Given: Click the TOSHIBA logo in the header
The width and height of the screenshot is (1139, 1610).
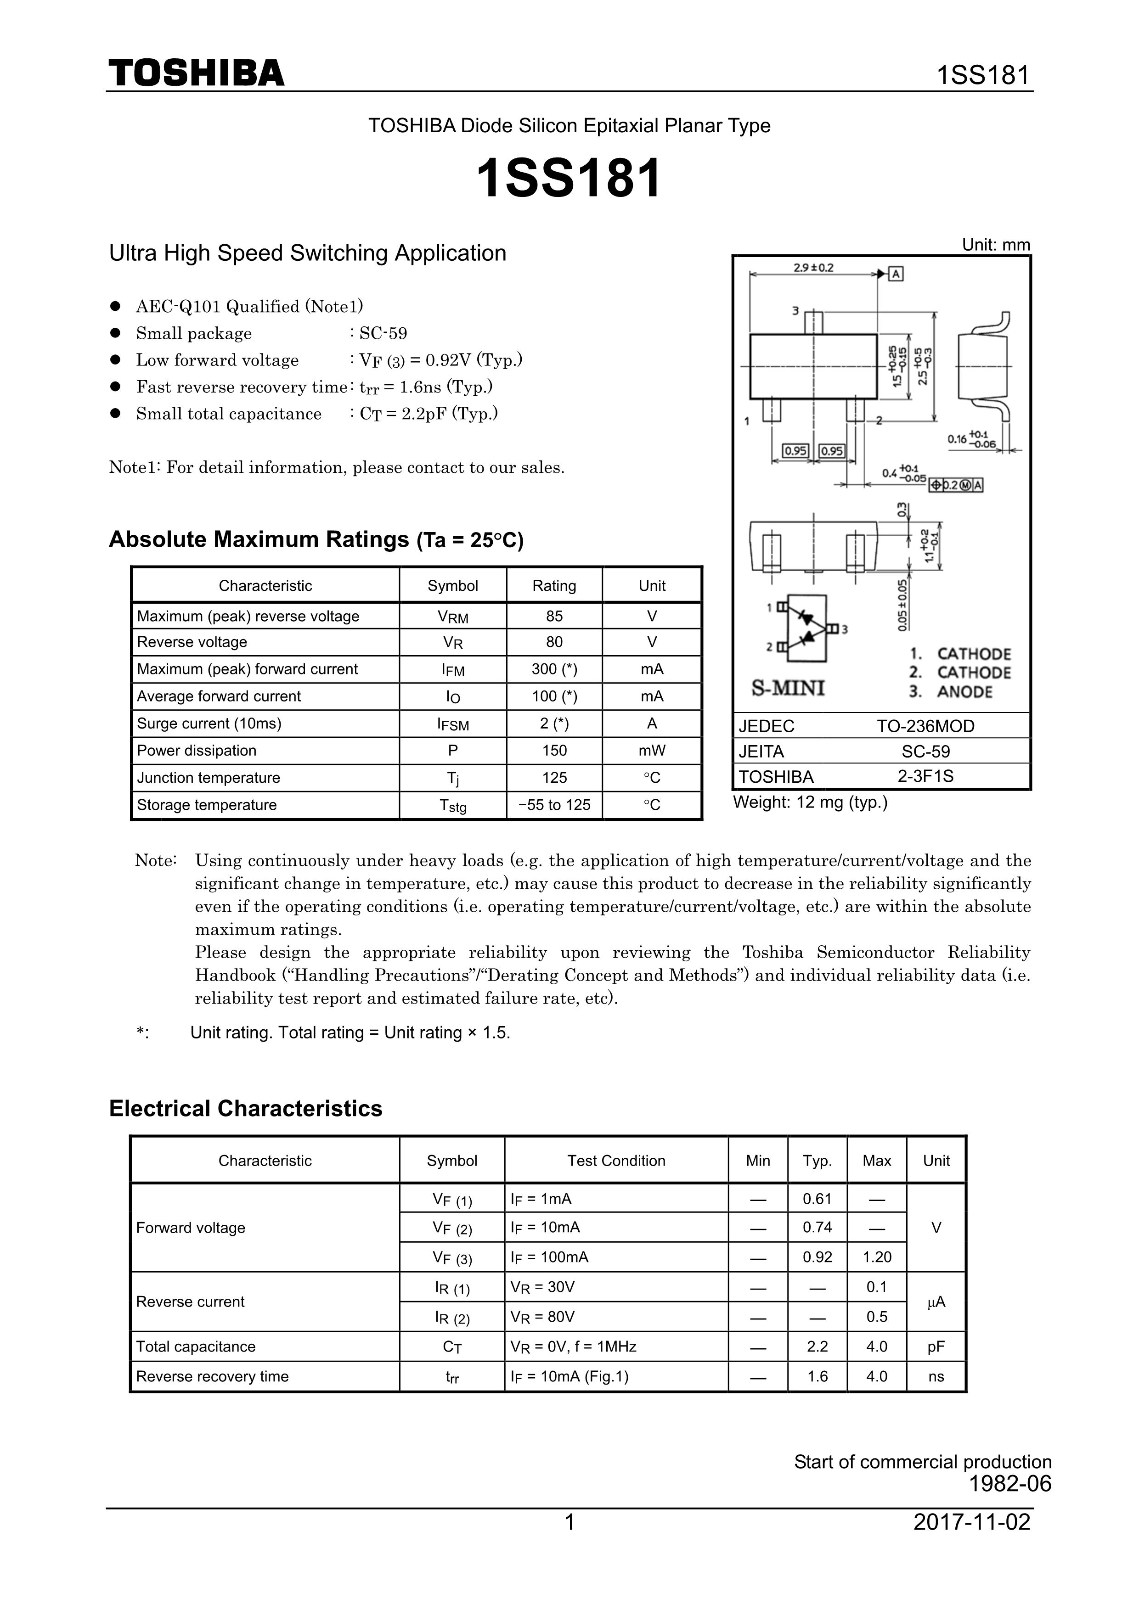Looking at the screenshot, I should click(x=197, y=73).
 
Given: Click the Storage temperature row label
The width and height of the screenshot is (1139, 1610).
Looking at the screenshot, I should click(x=207, y=805).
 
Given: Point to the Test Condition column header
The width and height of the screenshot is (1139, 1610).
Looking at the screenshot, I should click(x=616, y=1161).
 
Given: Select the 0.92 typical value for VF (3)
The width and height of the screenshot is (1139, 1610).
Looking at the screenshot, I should click(x=817, y=1257).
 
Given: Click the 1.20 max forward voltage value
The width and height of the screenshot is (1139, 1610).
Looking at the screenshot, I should click(x=877, y=1257).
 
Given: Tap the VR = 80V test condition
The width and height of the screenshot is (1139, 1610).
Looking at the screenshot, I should click(x=543, y=1317).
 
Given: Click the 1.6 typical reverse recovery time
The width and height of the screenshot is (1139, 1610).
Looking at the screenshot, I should click(x=817, y=1376).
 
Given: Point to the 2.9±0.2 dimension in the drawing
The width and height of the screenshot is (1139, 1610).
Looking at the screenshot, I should click(x=813, y=268).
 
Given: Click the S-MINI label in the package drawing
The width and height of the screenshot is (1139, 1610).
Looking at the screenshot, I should click(x=788, y=688).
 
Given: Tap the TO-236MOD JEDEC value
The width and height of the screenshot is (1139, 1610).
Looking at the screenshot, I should click(x=925, y=726).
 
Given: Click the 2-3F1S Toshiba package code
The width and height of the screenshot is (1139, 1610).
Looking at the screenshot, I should click(x=925, y=776).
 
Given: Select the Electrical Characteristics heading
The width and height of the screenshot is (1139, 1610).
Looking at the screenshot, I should click(x=245, y=1109).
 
